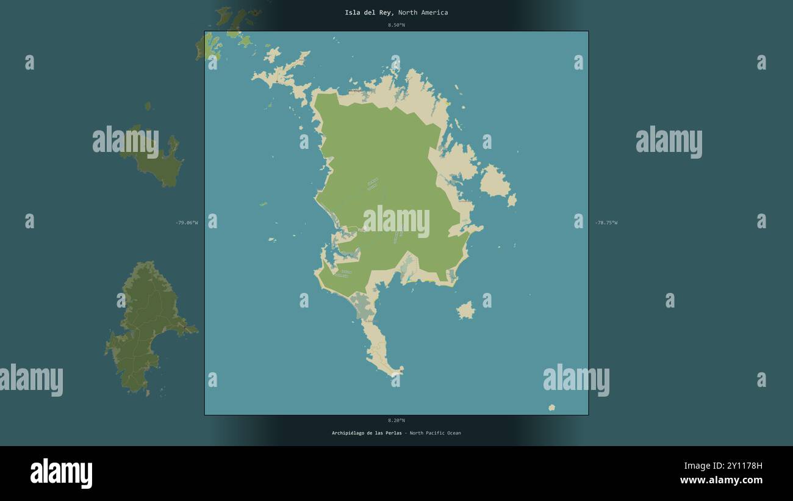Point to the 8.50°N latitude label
pos(396,25)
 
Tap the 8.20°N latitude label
pos(396,420)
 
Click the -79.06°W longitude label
pos(187,223)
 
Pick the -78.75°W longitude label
pos(606,223)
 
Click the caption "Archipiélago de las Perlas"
pos(367,433)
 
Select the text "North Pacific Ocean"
pos(435,433)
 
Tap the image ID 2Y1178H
pos(741,466)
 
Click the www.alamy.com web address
pos(721,480)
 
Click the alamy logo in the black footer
pos(61,473)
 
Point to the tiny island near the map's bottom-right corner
pos(551,408)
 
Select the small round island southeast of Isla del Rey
pos(466,311)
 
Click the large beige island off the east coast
pos(493,181)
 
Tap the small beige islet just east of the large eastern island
pos(512,200)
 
